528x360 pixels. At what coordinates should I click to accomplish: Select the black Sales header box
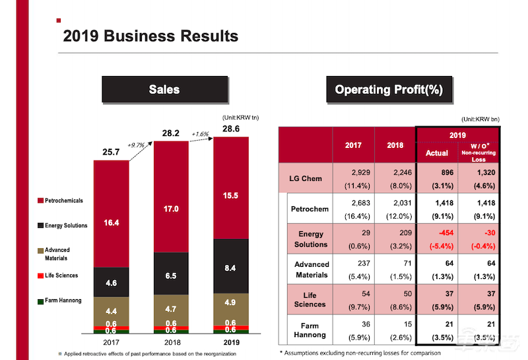coord(164,89)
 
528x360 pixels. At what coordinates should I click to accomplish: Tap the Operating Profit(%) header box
coord(389,89)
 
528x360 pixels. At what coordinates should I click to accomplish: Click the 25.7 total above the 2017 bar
coord(110,153)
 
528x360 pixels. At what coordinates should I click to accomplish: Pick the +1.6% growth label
coord(200,134)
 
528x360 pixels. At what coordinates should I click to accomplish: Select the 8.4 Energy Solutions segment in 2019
coord(231,268)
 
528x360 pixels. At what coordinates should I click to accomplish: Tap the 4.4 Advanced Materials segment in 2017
coord(111,310)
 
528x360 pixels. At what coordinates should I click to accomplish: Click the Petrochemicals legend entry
coord(64,200)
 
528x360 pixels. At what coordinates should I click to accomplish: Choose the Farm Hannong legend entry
coord(63,301)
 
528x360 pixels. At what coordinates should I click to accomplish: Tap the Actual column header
coord(437,153)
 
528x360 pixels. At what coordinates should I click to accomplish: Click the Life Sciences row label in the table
coord(310,299)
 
